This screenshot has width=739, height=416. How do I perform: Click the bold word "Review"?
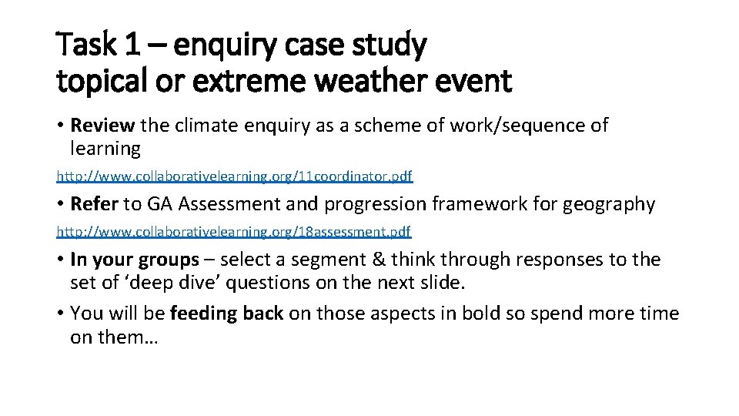(102, 125)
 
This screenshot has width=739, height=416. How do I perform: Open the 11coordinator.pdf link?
(235, 176)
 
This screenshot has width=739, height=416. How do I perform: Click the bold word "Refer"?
(92, 204)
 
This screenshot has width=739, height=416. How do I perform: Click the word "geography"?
(610, 204)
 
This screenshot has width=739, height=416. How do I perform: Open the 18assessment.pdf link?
(234, 231)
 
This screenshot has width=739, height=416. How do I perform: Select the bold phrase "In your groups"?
(134, 260)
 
